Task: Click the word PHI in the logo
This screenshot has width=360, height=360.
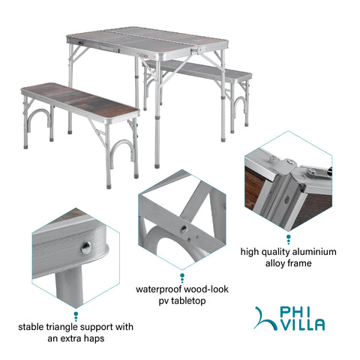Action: [295, 312]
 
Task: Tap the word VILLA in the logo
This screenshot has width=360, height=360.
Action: [301, 325]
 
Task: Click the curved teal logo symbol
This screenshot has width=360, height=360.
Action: [265, 319]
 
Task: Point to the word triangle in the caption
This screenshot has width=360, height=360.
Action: [63, 327]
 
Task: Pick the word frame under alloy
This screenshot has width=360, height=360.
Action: [300, 263]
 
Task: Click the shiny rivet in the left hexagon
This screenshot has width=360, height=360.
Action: [85, 247]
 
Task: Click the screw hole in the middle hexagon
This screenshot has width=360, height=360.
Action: [184, 229]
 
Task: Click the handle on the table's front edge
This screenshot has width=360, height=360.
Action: [106, 48]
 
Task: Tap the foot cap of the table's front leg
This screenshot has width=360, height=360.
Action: [157, 166]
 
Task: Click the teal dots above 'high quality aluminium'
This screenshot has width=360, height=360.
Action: [289, 239]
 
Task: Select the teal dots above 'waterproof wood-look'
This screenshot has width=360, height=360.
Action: [182, 278]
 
